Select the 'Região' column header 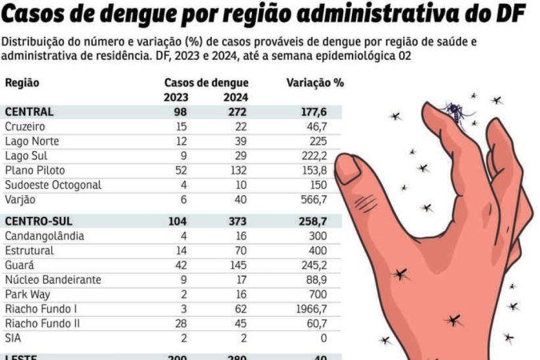coord(22,82)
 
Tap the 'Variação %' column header coord(314,82)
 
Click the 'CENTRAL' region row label coord(29,112)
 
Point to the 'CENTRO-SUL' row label coord(38,221)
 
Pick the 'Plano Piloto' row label coord(34,170)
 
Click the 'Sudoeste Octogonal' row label coord(53,185)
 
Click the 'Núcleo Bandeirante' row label coord(53,279)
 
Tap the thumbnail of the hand coord(350,169)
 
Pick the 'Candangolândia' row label coord(44,236)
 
